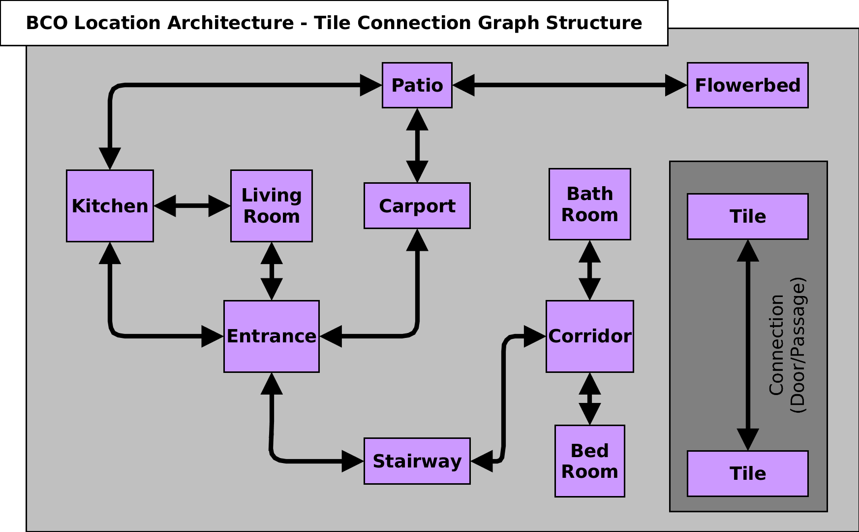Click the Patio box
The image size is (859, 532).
[417, 85]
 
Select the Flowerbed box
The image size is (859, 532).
[747, 85]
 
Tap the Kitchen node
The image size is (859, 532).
[110, 206]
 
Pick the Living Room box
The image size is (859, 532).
[271, 206]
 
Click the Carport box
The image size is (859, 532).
[417, 206]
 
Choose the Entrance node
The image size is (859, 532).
[271, 336]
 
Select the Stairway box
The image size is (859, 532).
[417, 461]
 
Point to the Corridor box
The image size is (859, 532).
[589, 336]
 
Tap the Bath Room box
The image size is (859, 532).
[589, 204]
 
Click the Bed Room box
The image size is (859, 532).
[589, 461]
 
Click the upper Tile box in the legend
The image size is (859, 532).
[747, 217]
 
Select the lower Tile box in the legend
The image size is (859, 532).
[747, 473]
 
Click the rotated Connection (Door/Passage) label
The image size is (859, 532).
[787, 345]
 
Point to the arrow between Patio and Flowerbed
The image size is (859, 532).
[569, 85]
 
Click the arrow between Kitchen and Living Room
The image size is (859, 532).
[192, 206]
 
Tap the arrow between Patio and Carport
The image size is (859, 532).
[417, 145]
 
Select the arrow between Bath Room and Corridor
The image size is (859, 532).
[589, 270]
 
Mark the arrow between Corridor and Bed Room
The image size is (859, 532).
[589, 399]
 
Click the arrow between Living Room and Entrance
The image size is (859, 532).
[271, 271]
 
